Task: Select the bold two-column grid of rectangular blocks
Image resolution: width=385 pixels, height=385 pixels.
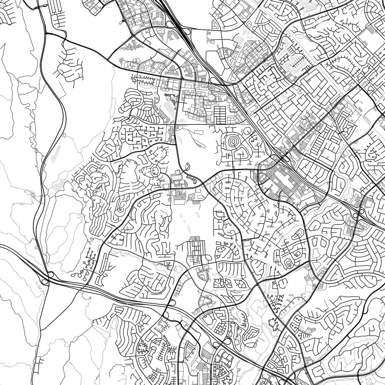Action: tap(220, 115)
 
